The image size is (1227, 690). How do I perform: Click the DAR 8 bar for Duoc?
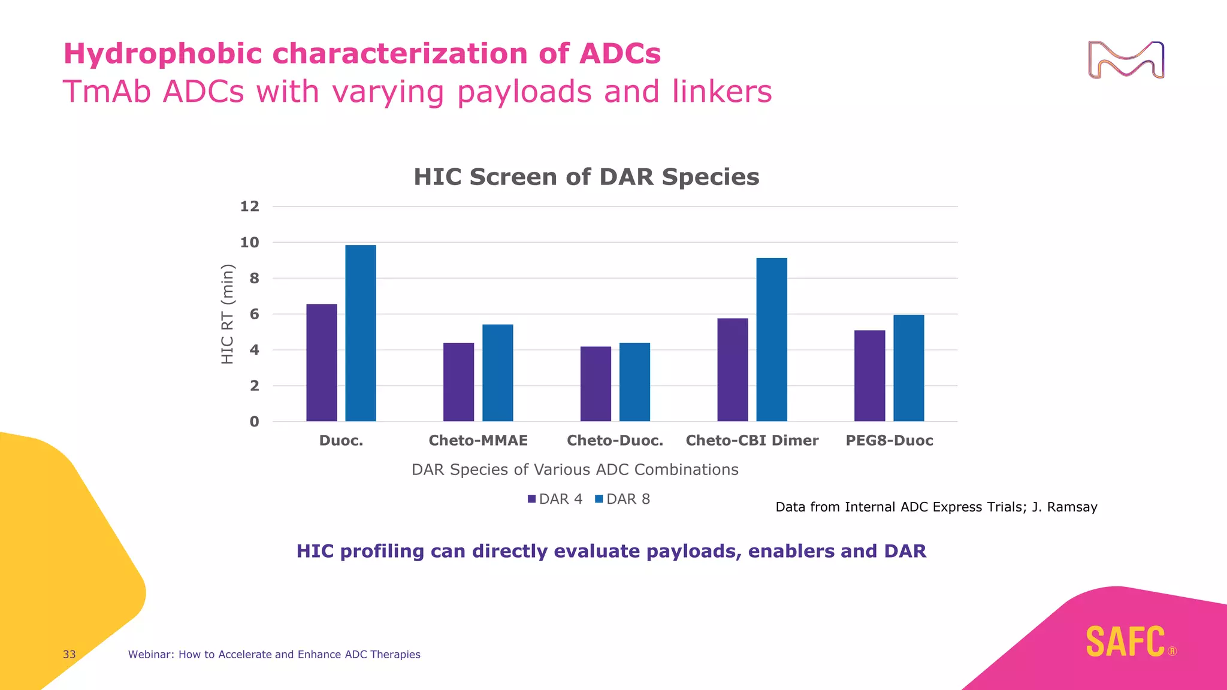click(361, 333)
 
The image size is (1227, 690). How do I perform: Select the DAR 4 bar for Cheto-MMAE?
click(458, 382)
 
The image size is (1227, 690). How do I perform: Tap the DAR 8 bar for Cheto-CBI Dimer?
click(772, 340)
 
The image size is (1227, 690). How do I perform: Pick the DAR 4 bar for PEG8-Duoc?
click(869, 376)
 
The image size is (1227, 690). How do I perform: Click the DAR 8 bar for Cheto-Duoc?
click(634, 382)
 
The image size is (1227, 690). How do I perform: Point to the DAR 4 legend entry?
click(555, 499)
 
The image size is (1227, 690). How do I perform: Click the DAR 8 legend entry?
click(622, 499)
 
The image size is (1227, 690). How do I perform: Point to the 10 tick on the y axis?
click(250, 243)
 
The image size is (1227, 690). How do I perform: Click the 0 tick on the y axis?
click(255, 422)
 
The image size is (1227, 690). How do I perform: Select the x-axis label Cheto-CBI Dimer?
click(752, 441)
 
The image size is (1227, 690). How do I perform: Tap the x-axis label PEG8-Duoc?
click(889, 441)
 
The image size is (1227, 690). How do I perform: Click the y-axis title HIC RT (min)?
click(227, 314)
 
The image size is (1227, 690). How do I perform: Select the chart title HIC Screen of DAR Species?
click(586, 177)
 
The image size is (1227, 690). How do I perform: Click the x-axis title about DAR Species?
click(575, 470)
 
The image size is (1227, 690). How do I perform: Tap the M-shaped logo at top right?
click(1126, 60)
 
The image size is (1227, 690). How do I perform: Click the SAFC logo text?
click(1125, 642)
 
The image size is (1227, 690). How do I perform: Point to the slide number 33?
click(69, 655)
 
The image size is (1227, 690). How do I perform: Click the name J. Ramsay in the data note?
click(1065, 507)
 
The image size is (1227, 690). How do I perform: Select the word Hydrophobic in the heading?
click(163, 54)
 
